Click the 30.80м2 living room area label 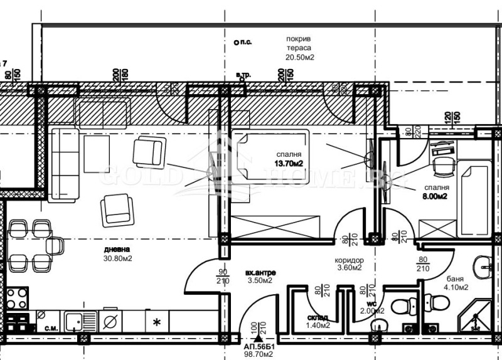coord(118,258)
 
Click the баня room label coord(456,279)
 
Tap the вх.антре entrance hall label coord(260,273)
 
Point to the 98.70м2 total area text coord(259,355)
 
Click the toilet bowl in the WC coord(400,307)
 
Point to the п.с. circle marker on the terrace coord(235,43)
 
